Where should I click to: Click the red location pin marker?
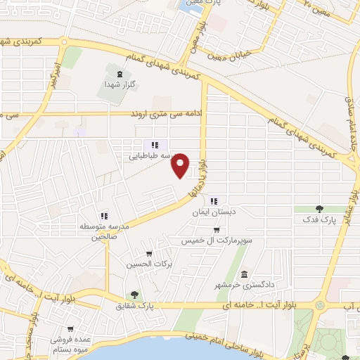181,165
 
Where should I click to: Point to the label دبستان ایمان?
214,211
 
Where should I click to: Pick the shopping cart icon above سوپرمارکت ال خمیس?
218,230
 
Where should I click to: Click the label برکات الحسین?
148,264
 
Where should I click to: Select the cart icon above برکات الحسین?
148,254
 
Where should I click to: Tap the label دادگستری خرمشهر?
243,285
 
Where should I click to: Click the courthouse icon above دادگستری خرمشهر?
244,274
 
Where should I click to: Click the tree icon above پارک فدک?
320,209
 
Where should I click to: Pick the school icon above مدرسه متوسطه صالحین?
103,216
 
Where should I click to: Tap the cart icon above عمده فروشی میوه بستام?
70,328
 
